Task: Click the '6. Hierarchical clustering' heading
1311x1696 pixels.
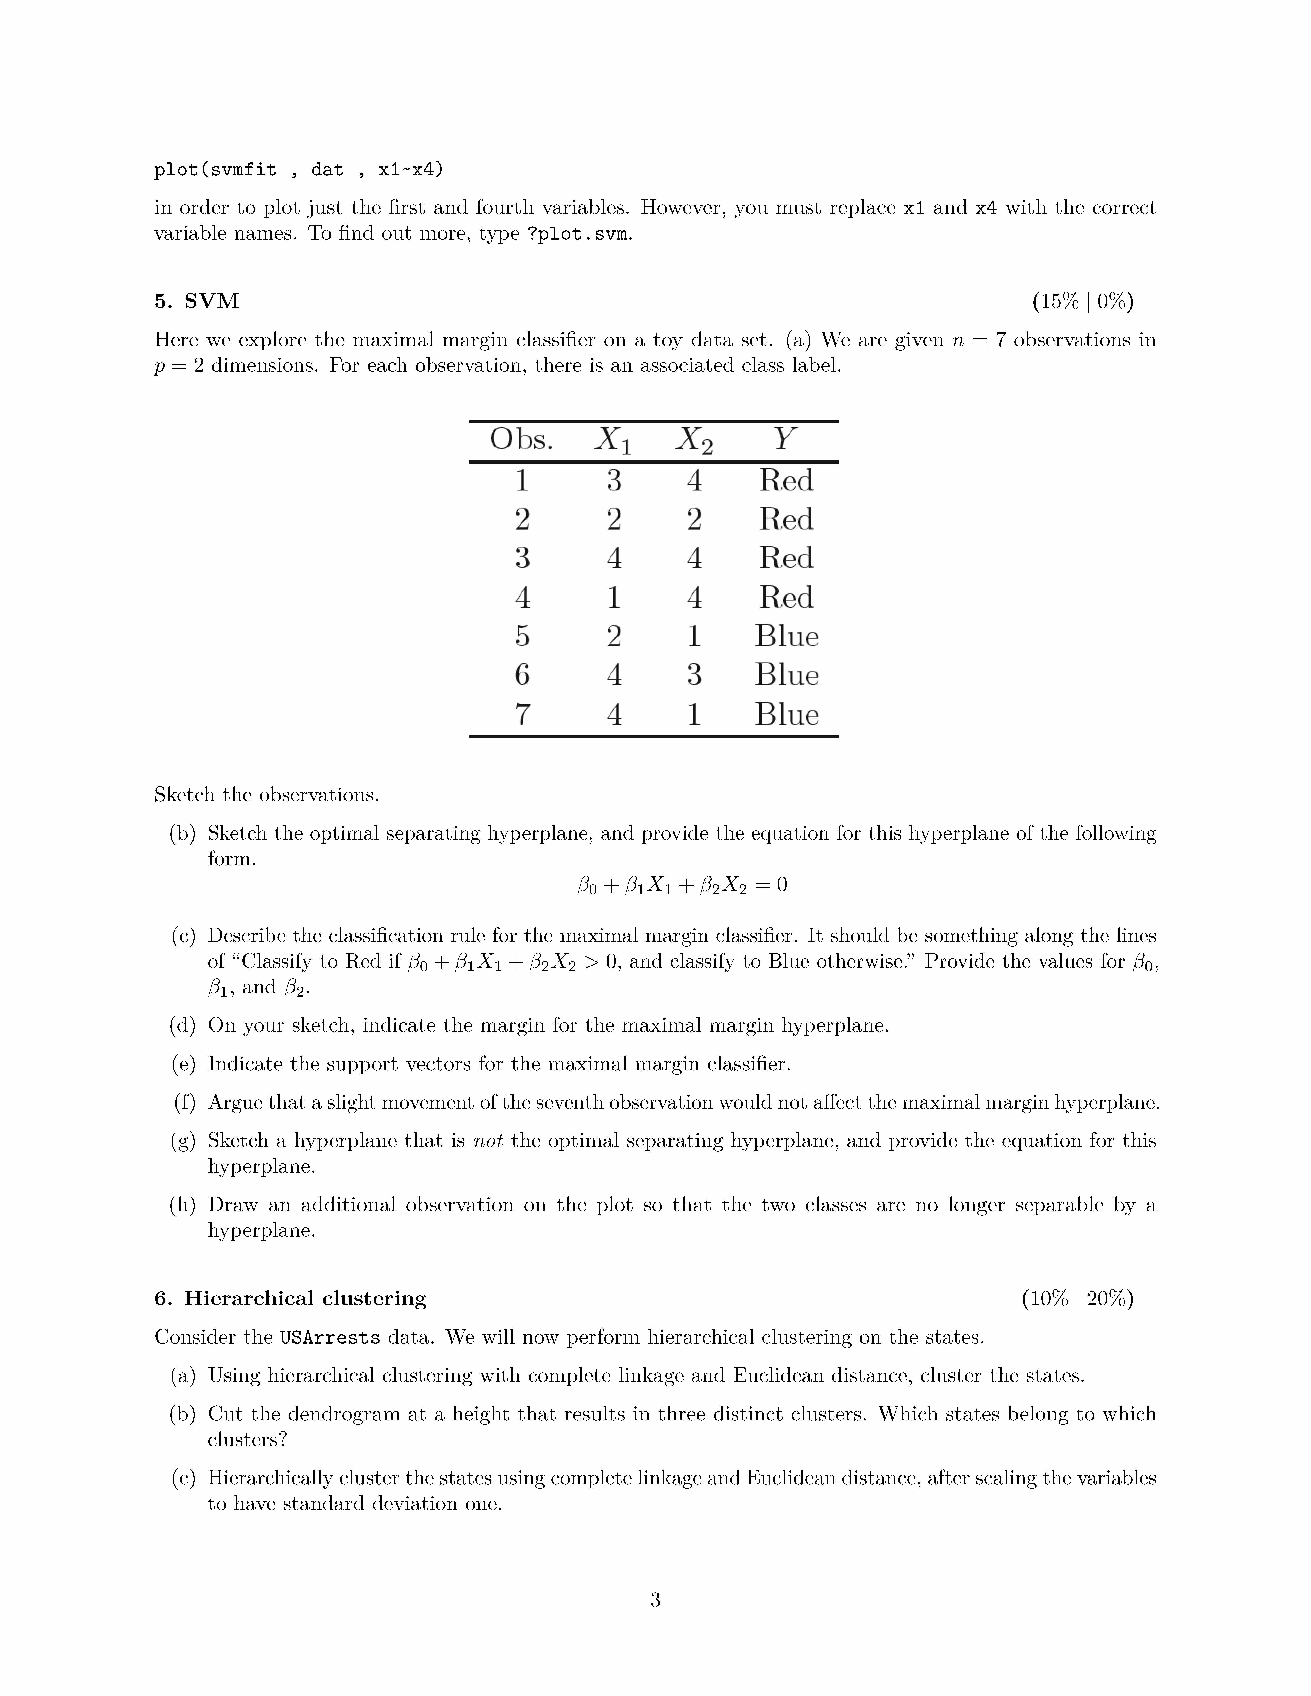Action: [290, 1298]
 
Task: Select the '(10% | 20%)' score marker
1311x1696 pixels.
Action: [1077, 1298]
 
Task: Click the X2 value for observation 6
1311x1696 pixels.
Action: [694, 675]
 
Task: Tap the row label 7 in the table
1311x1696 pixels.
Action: [522, 714]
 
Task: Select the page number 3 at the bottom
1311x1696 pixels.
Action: [655, 1600]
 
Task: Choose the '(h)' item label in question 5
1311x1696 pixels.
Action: [183, 1205]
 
